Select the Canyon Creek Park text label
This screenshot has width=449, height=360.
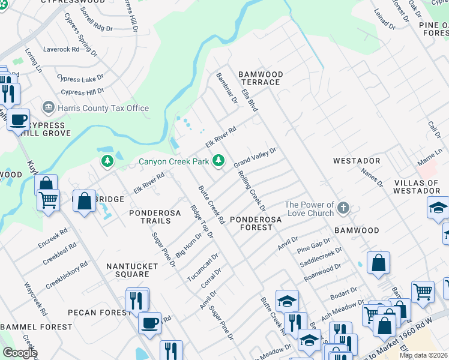173,161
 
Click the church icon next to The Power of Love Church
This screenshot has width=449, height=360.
343,208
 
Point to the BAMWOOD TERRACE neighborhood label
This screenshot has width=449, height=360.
260,78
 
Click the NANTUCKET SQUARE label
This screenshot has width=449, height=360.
127,270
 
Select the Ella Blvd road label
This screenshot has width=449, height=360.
249,100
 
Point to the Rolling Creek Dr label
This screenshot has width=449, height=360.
252,191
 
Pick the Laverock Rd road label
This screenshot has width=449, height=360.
61,49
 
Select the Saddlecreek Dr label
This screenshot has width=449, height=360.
321,256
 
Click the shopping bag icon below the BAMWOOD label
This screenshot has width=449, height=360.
378,263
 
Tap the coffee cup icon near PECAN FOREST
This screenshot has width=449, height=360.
149,322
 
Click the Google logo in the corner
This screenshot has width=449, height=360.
20,353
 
